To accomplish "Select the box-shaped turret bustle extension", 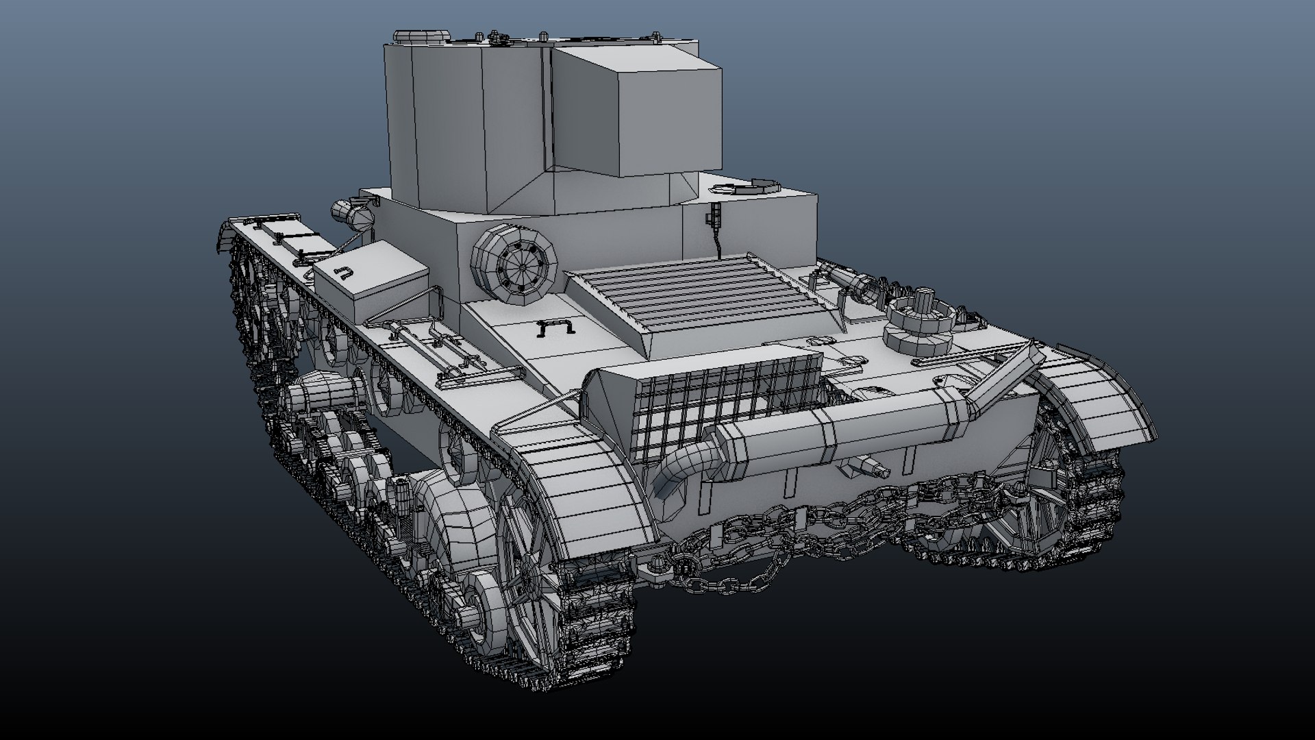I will pyautogui.click(x=637, y=110).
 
